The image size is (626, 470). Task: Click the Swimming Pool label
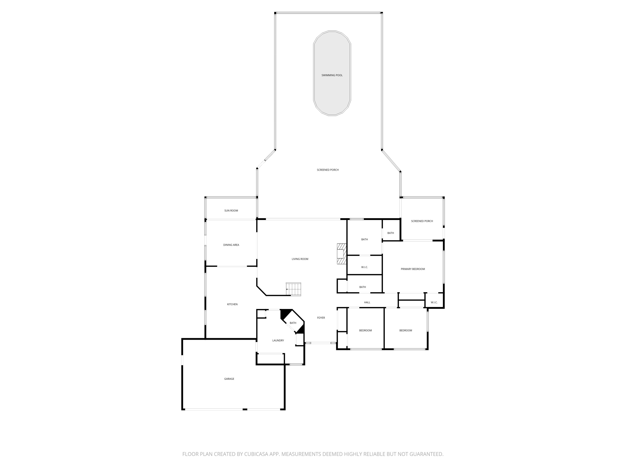coord(332,75)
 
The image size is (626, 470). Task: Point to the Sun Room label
coord(231,211)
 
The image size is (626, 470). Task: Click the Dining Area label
coord(231,245)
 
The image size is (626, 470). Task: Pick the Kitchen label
coord(232,304)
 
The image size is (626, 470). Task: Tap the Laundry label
coord(278,340)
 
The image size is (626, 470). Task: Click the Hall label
coord(367,302)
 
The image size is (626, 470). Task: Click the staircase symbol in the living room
coord(293,289)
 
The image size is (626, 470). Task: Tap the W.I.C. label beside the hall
coord(434,302)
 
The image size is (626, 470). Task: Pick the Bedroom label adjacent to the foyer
coord(365,330)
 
